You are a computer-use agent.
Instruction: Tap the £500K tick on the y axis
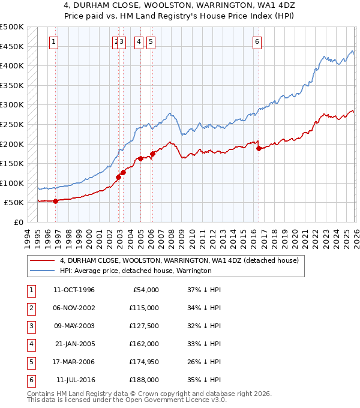[12, 27]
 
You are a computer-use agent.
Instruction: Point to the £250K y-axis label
[12, 125]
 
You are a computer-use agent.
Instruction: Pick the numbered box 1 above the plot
[54, 42]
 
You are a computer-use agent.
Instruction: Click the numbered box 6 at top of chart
[257, 42]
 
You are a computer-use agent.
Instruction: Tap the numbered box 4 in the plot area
[139, 42]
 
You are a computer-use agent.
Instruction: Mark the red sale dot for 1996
[55, 201]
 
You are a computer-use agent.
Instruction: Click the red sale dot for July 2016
[259, 148]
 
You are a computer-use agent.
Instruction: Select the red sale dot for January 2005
[140, 158]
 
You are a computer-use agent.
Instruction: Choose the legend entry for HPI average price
[136, 271]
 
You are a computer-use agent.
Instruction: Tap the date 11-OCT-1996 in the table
[74, 290]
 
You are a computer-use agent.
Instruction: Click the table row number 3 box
[30, 326]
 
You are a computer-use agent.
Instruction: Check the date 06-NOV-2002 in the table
[74, 308]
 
